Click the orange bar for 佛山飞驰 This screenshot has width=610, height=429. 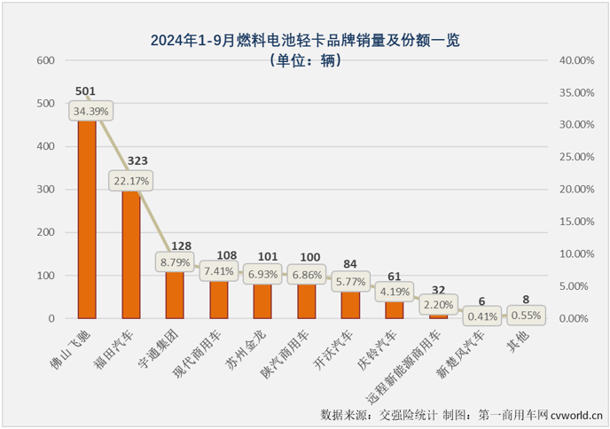tap(87, 222)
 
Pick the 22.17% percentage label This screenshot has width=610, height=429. tap(131, 181)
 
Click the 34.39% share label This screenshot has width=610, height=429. tap(92, 111)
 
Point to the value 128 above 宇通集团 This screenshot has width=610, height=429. tap(176, 246)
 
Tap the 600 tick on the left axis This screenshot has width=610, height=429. tap(45, 60)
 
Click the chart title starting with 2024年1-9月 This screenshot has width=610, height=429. tap(305, 40)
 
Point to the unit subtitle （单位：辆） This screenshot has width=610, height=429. tap(305, 60)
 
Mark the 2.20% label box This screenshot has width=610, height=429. tap(437, 303)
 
